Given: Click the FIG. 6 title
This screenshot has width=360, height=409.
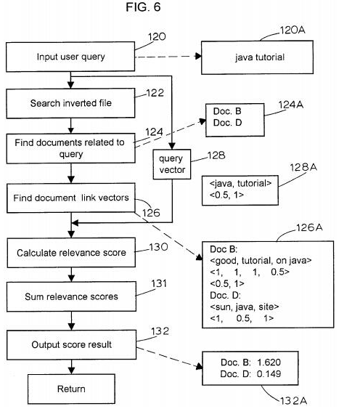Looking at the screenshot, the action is (143, 7).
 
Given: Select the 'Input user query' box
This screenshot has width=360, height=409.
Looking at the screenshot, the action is (70, 57).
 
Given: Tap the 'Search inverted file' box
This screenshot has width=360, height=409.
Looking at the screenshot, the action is (70, 103).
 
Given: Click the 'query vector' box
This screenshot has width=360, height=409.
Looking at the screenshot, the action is (172, 164).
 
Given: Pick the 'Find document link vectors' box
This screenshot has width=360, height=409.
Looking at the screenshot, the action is (71, 198).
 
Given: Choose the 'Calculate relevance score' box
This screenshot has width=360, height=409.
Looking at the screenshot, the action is (71, 253).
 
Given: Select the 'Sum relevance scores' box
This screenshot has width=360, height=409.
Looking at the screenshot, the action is (71, 296).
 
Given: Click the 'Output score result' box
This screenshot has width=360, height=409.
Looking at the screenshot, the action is (71, 345).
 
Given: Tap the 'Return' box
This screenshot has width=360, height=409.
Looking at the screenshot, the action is (71, 389).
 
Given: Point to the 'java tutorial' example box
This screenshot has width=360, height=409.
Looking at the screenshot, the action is (257, 57).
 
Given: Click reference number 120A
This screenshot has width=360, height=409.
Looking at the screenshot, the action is (292, 30).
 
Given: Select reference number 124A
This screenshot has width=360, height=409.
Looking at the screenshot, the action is (291, 105).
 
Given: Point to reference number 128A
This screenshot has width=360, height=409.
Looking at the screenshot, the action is (303, 167).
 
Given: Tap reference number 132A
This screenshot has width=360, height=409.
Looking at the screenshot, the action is (293, 400).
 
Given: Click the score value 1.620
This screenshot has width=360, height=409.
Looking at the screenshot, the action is (269, 363).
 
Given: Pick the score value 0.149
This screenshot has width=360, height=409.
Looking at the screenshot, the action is (269, 374).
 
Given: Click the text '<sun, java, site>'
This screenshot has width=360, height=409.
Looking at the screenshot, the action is (245, 307).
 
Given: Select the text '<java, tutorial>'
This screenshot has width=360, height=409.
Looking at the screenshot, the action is (240, 184).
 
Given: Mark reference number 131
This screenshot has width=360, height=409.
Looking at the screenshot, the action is (159, 283).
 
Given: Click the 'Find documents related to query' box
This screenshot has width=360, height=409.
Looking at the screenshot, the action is (71, 148).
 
